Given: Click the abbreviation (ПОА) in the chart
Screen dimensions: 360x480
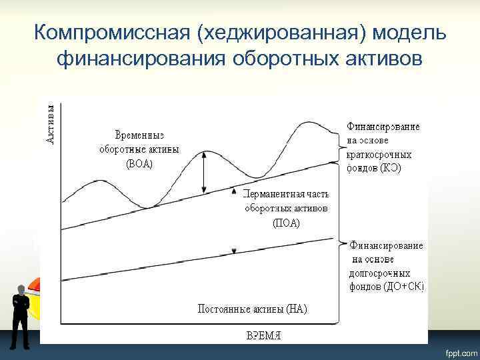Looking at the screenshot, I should (286, 223).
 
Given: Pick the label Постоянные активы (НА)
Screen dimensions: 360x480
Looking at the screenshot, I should (252, 309).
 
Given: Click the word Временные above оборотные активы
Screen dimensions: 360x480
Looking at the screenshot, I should (139, 135).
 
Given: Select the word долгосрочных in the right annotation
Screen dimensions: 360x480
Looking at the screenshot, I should (379, 273).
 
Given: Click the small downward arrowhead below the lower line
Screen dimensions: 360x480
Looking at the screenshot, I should (233, 251).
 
